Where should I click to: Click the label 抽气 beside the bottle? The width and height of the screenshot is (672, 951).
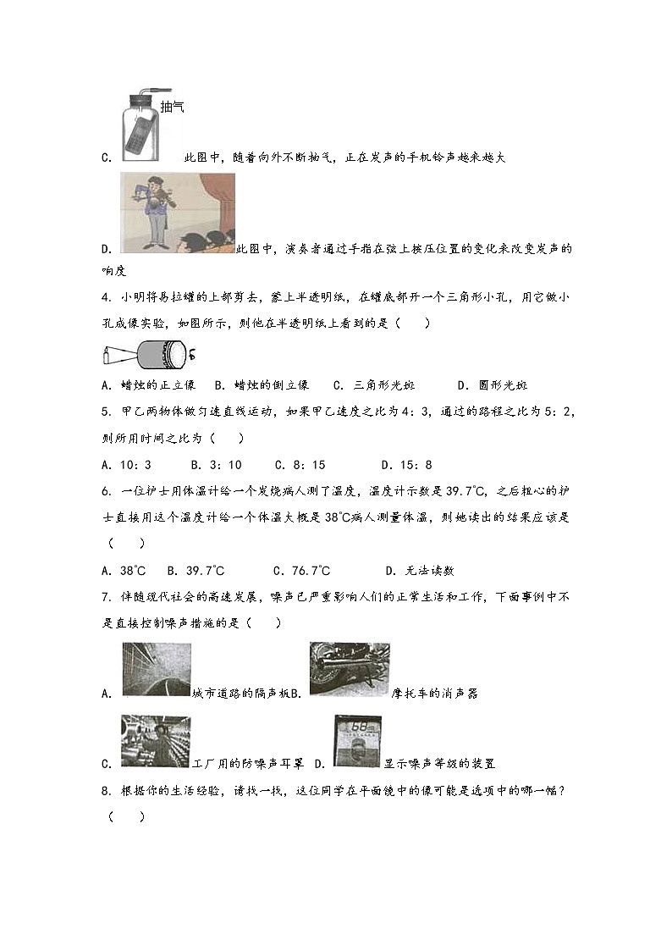[172, 107]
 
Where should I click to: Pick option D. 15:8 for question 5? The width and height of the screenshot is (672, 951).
[406, 464]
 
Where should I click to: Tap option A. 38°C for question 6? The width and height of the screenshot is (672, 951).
[123, 571]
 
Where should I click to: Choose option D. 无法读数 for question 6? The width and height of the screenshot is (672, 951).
[420, 571]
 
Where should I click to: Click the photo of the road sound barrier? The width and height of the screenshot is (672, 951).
[157, 670]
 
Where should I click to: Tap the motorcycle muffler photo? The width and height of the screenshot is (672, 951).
[349, 669]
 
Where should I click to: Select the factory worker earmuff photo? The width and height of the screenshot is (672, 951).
[156, 742]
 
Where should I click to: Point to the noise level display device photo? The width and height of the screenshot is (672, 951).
[358, 741]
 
